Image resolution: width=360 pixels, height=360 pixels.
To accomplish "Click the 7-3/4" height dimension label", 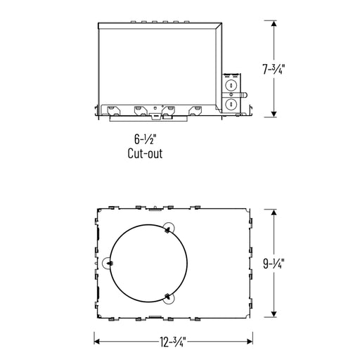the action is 274,69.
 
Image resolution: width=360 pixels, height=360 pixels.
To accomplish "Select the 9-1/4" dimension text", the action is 274,264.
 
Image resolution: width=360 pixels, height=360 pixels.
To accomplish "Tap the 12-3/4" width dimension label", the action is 173,342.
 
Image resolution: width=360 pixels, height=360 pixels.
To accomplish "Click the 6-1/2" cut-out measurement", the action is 145,139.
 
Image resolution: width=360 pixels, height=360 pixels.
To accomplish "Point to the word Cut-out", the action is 145,153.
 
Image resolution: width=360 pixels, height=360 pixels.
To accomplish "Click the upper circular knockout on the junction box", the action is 231,85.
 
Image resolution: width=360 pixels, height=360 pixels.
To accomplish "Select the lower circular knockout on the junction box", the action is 231,103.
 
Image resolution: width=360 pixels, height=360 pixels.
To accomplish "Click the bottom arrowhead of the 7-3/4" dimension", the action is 274,114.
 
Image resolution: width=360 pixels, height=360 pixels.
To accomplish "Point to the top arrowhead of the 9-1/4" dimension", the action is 274,212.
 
